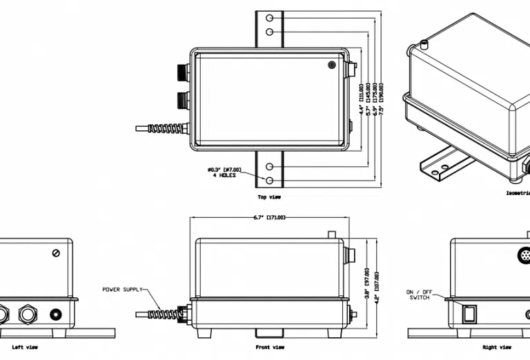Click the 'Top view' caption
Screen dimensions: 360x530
pos(269,197)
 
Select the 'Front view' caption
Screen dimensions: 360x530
pos(270,347)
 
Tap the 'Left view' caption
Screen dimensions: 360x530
pos(24,347)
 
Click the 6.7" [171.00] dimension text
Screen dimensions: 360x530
pos(269,217)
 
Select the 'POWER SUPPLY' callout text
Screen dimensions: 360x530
pos(123,289)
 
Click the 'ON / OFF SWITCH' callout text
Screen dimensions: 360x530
pos(419,294)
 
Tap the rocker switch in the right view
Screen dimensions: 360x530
pos(469,314)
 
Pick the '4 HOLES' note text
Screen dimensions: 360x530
pos(224,175)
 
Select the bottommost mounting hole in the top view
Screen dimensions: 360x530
pos(270,181)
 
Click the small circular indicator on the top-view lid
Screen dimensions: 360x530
pos(332,65)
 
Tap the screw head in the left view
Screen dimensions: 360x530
pos(56,253)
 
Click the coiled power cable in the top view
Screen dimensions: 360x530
pos(166,128)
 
